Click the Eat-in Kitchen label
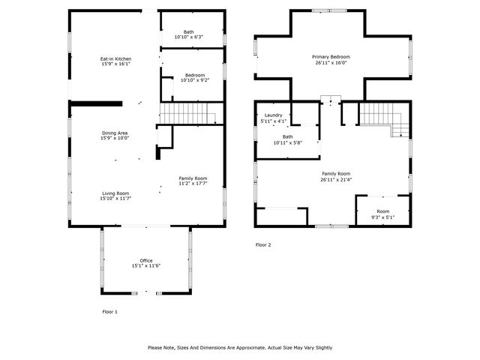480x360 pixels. pyautogui.click(x=115, y=58)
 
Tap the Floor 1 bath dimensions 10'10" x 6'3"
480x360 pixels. pyautogui.click(x=188, y=37)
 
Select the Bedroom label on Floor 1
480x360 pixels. pyautogui.click(x=196, y=74)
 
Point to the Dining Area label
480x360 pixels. pyautogui.click(x=115, y=133)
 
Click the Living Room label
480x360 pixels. pyautogui.click(x=115, y=193)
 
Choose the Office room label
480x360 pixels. pyautogui.click(x=146, y=260)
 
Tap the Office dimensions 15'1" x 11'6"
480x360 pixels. pyautogui.click(x=146, y=265)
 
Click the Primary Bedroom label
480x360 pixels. pyautogui.click(x=331, y=57)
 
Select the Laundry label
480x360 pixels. pyautogui.click(x=273, y=115)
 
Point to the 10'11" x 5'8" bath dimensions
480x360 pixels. pyautogui.click(x=287, y=142)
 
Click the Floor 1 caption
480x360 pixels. pyautogui.click(x=109, y=310)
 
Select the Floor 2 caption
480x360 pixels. pyautogui.click(x=263, y=244)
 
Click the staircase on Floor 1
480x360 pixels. pyautogui.click(x=187, y=115)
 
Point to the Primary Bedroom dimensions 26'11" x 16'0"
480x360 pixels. pyautogui.click(x=331, y=63)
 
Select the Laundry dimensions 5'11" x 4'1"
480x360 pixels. pyautogui.click(x=273, y=121)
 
